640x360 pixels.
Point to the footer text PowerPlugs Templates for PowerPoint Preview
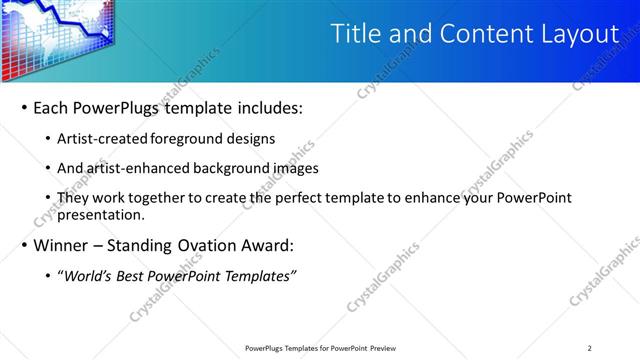(320, 348)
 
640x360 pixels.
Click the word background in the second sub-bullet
(237, 168)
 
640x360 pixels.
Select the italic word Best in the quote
(135, 275)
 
